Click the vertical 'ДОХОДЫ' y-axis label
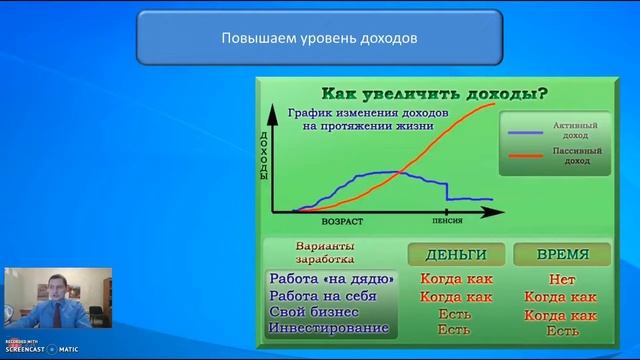pyautogui.click(x=264, y=155)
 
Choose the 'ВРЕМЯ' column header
pyautogui.click(x=562, y=254)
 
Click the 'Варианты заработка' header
pyautogui.click(x=326, y=252)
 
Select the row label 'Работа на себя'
pyautogui.click(x=323, y=296)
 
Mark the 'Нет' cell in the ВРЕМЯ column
pyautogui.click(x=562, y=280)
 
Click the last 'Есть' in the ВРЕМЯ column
pyautogui.click(x=562, y=331)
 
